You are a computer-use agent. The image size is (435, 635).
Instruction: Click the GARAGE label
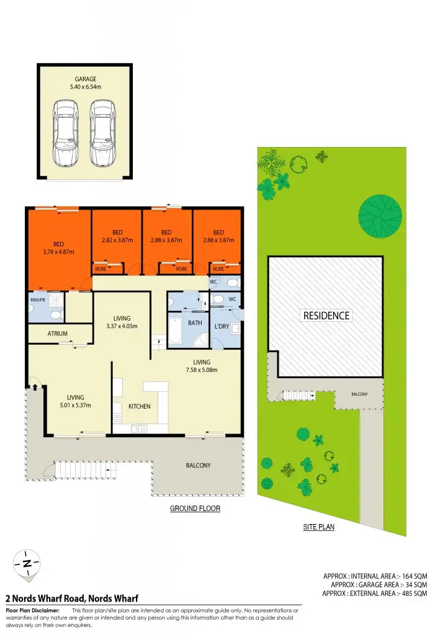coord(85,79)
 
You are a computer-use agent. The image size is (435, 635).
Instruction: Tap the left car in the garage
coord(65,134)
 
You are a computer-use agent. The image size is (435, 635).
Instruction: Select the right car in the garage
coord(102,134)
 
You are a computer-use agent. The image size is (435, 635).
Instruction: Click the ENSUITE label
coord(38,300)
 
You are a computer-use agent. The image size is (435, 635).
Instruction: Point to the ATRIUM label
coord(58,334)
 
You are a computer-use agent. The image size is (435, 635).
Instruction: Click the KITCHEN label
coord(140,406)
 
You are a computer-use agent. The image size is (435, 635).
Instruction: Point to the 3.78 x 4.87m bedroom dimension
coord(58,252)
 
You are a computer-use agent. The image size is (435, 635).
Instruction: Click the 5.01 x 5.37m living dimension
coord(76,406)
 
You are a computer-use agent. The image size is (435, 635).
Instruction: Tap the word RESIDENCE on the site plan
coord(326,316)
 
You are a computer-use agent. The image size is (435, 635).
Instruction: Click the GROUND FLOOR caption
coord(195,508)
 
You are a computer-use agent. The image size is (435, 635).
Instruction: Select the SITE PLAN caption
coord(319,528)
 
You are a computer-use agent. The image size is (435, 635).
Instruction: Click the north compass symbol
coord(27,564)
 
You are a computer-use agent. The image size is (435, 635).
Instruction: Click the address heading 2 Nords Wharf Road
coord(71,598)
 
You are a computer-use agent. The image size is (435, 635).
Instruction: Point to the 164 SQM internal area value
coord(411,576)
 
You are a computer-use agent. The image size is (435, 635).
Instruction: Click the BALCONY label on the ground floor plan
coord(199,465)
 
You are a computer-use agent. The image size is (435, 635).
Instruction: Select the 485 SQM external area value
coord(411,593)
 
